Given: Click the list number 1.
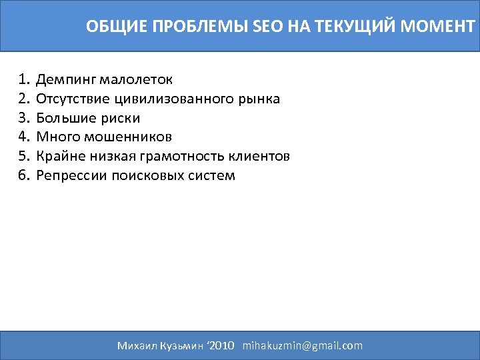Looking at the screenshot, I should (25, 80).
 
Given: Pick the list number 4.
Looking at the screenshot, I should (25, 137).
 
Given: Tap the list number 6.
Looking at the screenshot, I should (25, 176).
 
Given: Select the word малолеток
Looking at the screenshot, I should (137, 80).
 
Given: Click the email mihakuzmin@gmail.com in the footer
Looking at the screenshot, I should (303, 345).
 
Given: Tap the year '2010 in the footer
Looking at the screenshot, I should (221, 345).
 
